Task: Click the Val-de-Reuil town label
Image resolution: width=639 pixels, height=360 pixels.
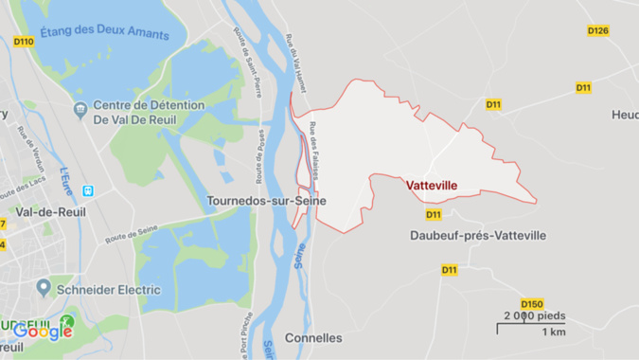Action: tap(50, 212)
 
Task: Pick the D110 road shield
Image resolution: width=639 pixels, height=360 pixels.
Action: tap(24, 42)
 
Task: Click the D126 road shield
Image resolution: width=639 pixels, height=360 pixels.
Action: tap(597, 30)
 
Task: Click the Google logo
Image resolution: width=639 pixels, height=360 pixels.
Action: tap(43, 331)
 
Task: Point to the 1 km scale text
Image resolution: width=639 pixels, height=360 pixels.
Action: tap(554, 333)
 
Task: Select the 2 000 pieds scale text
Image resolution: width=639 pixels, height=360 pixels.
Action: tap(534, 315)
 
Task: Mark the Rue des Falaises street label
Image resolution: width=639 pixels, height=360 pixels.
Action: tap(319, 149)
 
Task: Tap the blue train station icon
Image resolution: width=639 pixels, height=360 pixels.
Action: tap(88, 189)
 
